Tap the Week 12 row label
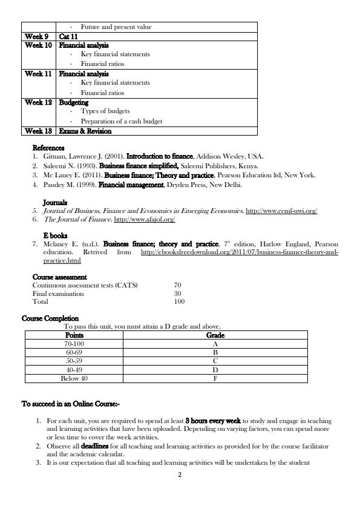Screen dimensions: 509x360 point(38,102)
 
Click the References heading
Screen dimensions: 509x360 point(48,148)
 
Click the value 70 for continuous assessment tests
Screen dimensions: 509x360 point(178,285)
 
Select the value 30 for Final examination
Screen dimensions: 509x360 point(178,294)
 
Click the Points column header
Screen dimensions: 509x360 point(74,335)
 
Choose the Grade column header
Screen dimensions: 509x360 point(215,335)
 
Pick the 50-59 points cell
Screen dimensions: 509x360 point(74,360)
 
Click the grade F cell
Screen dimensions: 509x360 point(215,378)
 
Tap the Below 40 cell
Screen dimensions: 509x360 point(74,378)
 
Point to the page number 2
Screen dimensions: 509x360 point(180,475)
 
